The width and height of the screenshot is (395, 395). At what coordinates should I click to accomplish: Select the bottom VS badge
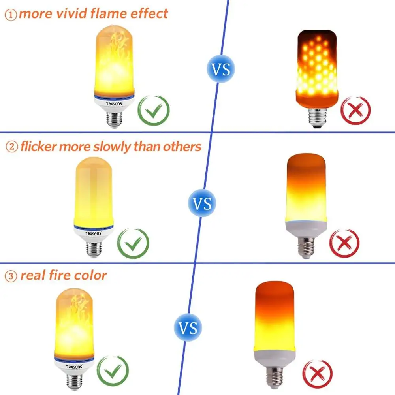tap(188, 327)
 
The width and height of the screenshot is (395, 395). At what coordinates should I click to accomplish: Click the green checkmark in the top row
tap(153, 111)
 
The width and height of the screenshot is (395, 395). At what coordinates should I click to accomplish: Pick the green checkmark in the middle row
tap(134, 244)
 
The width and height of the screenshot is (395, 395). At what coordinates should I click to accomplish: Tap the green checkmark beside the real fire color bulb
tap(113, 371)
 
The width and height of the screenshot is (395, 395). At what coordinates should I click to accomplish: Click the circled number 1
tap(11, 15)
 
